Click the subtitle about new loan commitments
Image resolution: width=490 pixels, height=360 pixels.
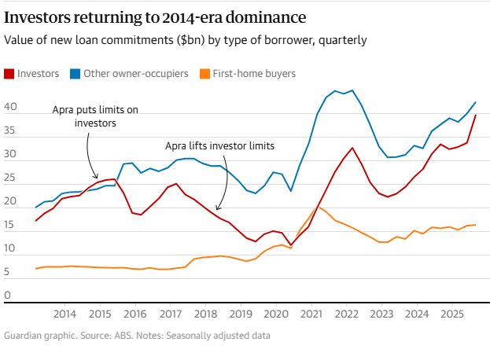pyautogui.click(x=185, y=40)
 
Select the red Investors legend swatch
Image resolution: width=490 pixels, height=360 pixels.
pyautogui.click(x=9, y=74)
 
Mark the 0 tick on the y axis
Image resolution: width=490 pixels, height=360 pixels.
pyautogui.click(x=7, y=296)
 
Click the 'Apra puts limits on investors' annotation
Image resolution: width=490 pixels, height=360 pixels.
pyautogui.click(x=95, y=116)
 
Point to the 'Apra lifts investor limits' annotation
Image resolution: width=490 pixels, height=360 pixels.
pyautogui.click(x=219, y=145)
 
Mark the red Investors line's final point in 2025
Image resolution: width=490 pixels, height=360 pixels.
pyautogui.click(x=476, y=116)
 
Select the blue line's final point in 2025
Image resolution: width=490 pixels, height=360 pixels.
pyautogui.click(x=476, y=102)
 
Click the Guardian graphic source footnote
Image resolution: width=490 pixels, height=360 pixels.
pyautogui.click(x=137, y=336)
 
